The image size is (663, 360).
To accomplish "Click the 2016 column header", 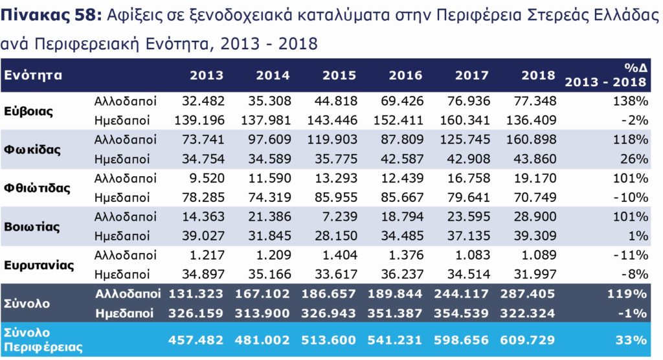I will (405, 75).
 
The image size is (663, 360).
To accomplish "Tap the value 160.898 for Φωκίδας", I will (530, 139).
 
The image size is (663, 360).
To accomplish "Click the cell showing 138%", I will (632, 102).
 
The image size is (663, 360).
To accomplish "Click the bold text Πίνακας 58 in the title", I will (50, 17).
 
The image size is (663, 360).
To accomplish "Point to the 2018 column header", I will (538, 75).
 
